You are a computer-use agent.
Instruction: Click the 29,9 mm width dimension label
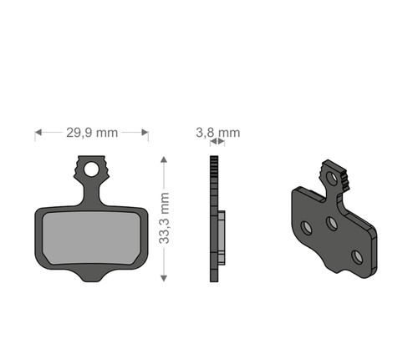[92, 133]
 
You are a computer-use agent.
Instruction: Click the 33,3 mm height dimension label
[164, 218]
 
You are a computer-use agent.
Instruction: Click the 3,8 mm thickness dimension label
[217, 133]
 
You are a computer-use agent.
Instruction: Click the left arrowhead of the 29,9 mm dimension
[38, 133]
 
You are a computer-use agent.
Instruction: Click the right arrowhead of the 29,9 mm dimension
[145, 133]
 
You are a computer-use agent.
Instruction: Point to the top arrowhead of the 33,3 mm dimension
[164, 159]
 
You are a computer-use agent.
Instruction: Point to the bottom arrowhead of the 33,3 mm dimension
[164, 278]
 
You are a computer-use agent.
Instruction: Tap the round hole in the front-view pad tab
[91, 169]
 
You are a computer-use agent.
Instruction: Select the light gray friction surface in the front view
[91, 239]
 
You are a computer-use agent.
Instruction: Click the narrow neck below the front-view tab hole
[91, 194]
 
